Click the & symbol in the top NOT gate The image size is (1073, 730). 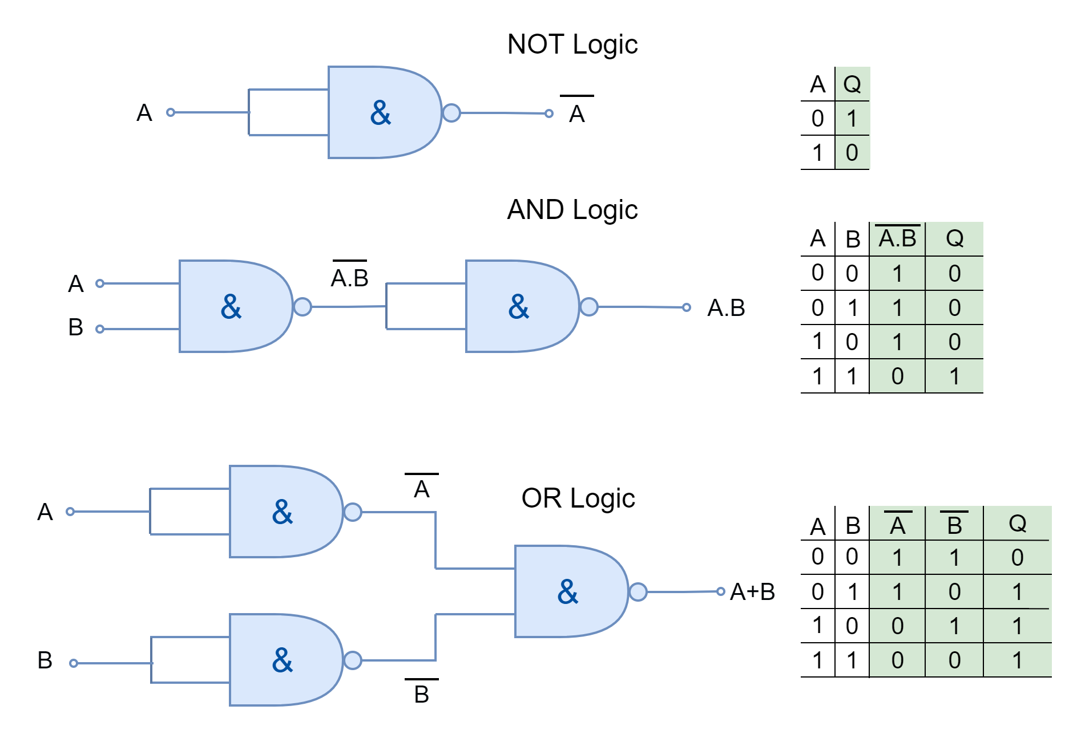tap(381, 113)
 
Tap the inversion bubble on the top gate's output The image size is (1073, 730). tap(451, 113)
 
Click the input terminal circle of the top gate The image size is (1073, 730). tap(170, 112)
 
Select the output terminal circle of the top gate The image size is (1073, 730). tap(549, 113)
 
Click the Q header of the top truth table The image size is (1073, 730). tap(852, 84)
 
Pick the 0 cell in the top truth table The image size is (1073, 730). tap(852, 153)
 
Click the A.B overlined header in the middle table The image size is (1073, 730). tap(897, 238)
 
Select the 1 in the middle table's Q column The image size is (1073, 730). tap(954, 376)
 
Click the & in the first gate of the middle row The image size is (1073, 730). tap(231, 307)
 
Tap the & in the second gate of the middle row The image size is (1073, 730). tap(519, 307)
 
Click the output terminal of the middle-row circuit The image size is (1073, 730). tap(687, 307)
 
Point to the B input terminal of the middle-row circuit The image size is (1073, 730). tap(100, 329)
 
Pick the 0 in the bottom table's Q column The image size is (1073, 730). tap(1017, 558)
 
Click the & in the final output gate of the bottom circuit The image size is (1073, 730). tap(568, 592)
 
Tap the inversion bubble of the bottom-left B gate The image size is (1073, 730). tap(353, 660)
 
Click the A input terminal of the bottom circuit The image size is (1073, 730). tap(70, 512)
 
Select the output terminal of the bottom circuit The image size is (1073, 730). tap(721, 591)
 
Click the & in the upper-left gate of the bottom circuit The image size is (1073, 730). tap(283, 512)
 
